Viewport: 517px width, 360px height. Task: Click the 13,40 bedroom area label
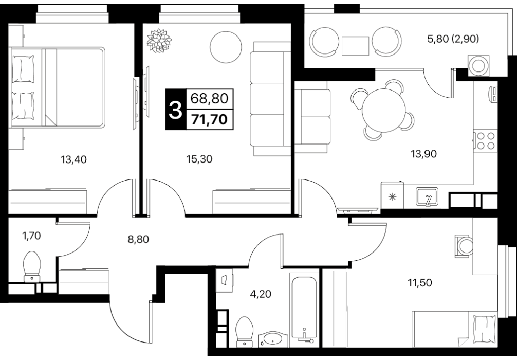coord(73,160)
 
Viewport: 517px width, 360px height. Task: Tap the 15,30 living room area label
coord(199,159)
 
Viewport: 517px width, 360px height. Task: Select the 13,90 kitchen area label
coord(423,153)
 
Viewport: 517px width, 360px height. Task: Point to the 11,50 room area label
coord(420,283)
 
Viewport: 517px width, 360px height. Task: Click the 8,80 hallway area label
coord(138,239)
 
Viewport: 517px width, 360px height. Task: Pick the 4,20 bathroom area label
coord(261,293)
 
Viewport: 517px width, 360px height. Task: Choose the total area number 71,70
coord(210,119)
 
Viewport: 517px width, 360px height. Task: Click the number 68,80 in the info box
coord(210,98)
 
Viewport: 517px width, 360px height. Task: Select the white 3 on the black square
coord(175,110)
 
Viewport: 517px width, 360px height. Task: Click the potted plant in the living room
coord(159,41)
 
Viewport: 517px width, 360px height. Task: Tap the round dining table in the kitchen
coord(384,111)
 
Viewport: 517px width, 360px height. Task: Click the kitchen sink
coord(427,196)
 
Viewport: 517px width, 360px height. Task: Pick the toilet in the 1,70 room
coord(32,266)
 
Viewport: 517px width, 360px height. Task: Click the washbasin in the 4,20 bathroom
coord(273,339)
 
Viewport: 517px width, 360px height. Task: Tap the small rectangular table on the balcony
coord(355,46)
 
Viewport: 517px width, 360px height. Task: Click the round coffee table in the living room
coord(226,47)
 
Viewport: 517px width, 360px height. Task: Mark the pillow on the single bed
coord(484,329)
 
